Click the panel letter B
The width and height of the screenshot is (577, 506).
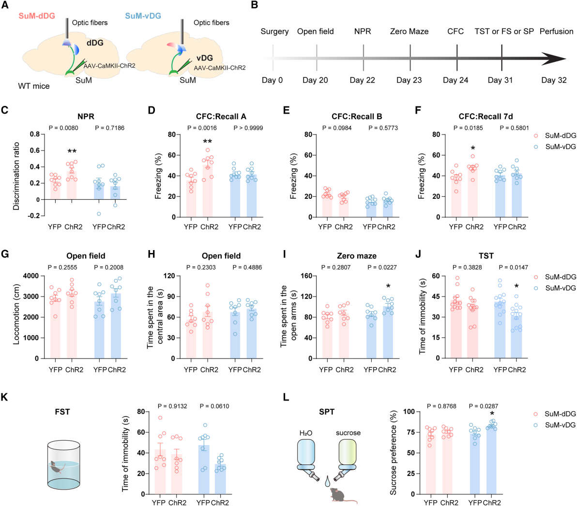pos(255,6)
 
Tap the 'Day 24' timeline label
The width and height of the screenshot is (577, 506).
pos(456,80)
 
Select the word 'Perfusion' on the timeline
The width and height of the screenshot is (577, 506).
pos(556,31)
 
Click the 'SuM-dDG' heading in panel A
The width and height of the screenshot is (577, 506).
pos(37,16)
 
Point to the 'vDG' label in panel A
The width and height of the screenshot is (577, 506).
pos(205,58)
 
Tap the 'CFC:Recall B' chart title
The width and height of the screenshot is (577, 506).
pos(357,117)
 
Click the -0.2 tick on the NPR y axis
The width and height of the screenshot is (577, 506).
pos(34,216)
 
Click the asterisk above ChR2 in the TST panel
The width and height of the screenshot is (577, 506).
pos(517,287)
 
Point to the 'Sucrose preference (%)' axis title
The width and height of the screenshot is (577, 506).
pos(394,452)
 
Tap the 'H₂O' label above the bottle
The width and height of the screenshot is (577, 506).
pos(305,433)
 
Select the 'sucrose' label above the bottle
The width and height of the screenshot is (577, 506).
pos(348,433)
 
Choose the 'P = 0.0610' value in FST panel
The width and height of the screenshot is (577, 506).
pos(214,406)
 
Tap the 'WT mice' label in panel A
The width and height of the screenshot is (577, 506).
pos(34,86)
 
